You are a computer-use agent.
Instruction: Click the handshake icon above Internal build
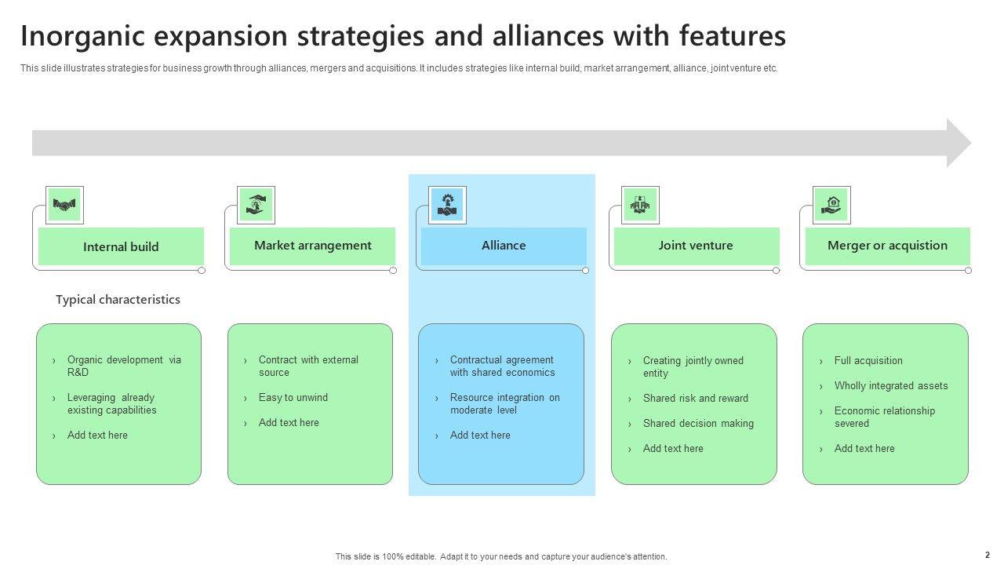[64, 205]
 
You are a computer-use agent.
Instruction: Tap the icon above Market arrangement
[256, 205]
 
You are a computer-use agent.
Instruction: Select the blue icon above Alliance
[447, 205]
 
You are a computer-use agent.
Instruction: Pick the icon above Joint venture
[640, 205]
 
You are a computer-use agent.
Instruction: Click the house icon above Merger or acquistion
[831, 205]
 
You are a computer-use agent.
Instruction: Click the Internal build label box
[121, 246]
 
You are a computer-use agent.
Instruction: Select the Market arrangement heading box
[312, 246]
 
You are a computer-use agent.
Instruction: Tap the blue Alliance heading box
[504, 246]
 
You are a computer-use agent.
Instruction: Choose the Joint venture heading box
[697, 246]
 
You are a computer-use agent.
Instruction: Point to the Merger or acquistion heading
[887, 246]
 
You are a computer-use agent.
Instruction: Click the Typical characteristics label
[118, 300]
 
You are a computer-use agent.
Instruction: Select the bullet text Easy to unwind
[293, 398]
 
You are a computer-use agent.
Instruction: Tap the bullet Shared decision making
[698, 423]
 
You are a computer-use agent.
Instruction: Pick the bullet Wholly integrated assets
[891, 385]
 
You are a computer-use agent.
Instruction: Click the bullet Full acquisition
[868, 360]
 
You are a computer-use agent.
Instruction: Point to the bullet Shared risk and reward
[696, 398]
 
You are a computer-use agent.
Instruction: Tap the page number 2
[988, 555]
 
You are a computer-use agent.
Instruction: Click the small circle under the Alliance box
[585, 271]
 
